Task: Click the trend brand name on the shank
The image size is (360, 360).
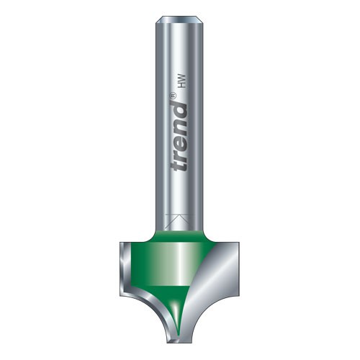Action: pyautogui.click(x=179, y=135)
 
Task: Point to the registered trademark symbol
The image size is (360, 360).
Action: pyautogui.click(x=174, y=96)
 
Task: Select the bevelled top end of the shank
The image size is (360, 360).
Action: pyautogui.click(x=179, y=19)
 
